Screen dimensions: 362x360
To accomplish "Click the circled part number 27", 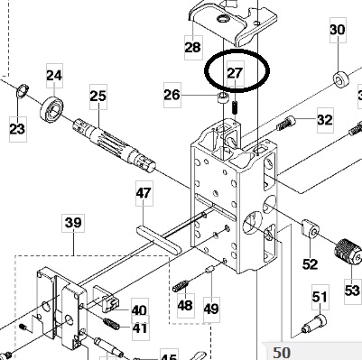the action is pos(235,73).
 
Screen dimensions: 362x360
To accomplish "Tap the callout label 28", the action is pos(193,47).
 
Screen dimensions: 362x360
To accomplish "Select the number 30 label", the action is pos(338,30).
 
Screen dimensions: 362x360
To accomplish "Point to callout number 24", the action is pos(54,76).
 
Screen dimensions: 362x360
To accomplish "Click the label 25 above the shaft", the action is pos(98,97).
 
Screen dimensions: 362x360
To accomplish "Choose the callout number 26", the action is pos(172,95).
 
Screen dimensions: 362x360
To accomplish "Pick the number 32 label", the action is pos(325,120).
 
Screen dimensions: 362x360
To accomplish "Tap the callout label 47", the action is pos(144,193).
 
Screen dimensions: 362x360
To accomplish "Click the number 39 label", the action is pos(74,223).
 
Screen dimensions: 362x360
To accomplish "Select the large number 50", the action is pos(282,353).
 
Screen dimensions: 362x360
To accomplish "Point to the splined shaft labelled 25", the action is pos(114,145).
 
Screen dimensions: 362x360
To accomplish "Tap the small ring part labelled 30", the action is pos(341,79).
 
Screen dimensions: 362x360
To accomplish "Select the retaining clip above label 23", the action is pos(23,91).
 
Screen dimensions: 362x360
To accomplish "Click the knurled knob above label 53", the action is pos(348,254).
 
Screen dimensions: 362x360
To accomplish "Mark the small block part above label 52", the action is pos(310,228).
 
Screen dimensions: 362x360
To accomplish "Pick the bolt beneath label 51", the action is pos(314,324).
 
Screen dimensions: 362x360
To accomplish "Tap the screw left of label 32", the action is pos(285,124).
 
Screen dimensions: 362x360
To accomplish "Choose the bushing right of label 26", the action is pos(223,98).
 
